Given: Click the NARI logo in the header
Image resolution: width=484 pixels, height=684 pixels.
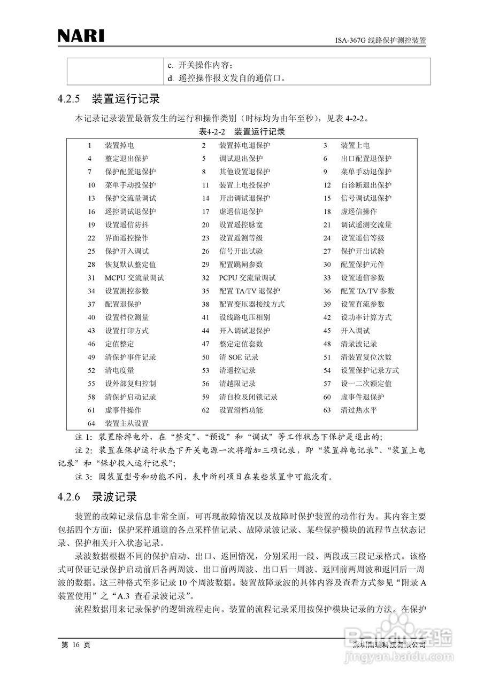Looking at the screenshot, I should pos(81,36).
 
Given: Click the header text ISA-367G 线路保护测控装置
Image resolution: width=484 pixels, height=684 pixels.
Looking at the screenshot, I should pos(380,40).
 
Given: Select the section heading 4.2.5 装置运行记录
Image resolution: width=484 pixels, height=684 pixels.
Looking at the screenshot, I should pos(109,99).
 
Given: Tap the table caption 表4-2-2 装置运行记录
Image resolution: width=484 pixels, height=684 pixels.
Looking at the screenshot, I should pos(242,131).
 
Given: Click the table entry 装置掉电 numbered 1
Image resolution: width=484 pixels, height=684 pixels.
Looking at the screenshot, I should pos(119,145).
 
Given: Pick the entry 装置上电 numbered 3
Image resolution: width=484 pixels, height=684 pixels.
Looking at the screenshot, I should pos(355,145).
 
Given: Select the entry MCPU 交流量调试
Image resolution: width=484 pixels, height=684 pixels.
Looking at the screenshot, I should pos(134,278).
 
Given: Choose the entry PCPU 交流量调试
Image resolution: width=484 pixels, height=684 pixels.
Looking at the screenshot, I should pos(247,278).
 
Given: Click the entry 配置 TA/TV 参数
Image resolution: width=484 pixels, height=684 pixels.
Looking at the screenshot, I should pos(367,291).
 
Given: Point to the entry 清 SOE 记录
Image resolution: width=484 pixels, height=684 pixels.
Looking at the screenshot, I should pos(239,357).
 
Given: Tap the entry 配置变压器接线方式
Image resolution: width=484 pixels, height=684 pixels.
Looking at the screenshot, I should pos(251,305).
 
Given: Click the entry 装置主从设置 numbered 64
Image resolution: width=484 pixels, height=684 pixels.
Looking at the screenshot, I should pos(127,424).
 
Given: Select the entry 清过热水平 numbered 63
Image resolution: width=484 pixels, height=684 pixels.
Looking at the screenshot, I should pos(359,410).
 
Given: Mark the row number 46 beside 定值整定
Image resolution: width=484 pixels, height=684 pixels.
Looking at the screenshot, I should pos(91,344).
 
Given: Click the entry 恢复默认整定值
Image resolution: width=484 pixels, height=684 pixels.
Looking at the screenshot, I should pos(130,265).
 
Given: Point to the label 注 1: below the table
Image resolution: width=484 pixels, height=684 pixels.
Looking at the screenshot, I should pos(83,437).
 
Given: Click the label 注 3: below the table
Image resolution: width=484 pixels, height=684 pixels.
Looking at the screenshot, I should pos(83,476).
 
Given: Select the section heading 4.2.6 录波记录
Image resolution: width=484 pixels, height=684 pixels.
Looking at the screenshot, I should pos(97,497).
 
